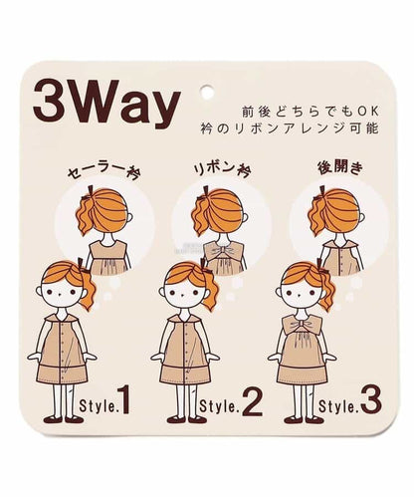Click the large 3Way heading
[106, 102]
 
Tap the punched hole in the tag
[207, 93]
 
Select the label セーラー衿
[103, 172]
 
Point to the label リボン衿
[222, 169]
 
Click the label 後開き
[340, 168]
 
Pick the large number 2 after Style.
[252, 401]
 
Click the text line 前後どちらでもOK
[310, 112]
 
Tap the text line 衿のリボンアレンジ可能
[290, 128]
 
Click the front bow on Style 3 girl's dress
[302, 325]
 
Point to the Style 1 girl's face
[61, 293]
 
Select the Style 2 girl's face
[184, 293]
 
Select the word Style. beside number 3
[339, 405]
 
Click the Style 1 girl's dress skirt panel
[62, 374]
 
